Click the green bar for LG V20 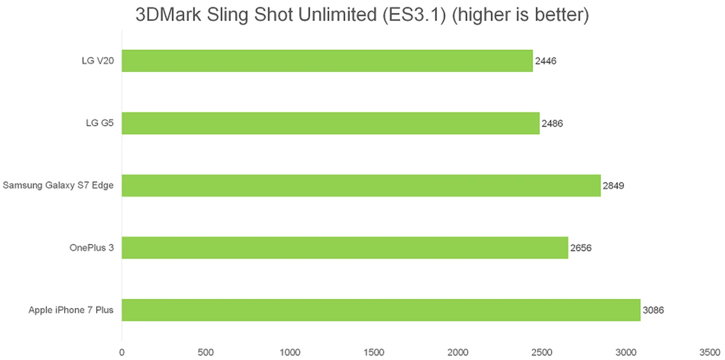point(327,61)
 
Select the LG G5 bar point(330,123)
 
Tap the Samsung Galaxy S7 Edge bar point(361,185)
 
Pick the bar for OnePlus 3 point(345,248)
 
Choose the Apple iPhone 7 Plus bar point(381,310)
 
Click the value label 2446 point(546,61)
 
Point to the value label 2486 point(552,123)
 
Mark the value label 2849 point(613,186)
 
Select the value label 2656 point(581,248)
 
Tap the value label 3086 point(653,310)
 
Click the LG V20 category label point(98,61)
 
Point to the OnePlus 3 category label point(91,248)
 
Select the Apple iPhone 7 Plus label point(71,310)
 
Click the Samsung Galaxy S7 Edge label point(58,185)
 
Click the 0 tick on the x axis point(122,352)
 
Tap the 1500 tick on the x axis point(374,352)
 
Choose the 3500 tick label point(710,352)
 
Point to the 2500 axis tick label point(542,352)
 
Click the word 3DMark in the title point(168,15)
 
